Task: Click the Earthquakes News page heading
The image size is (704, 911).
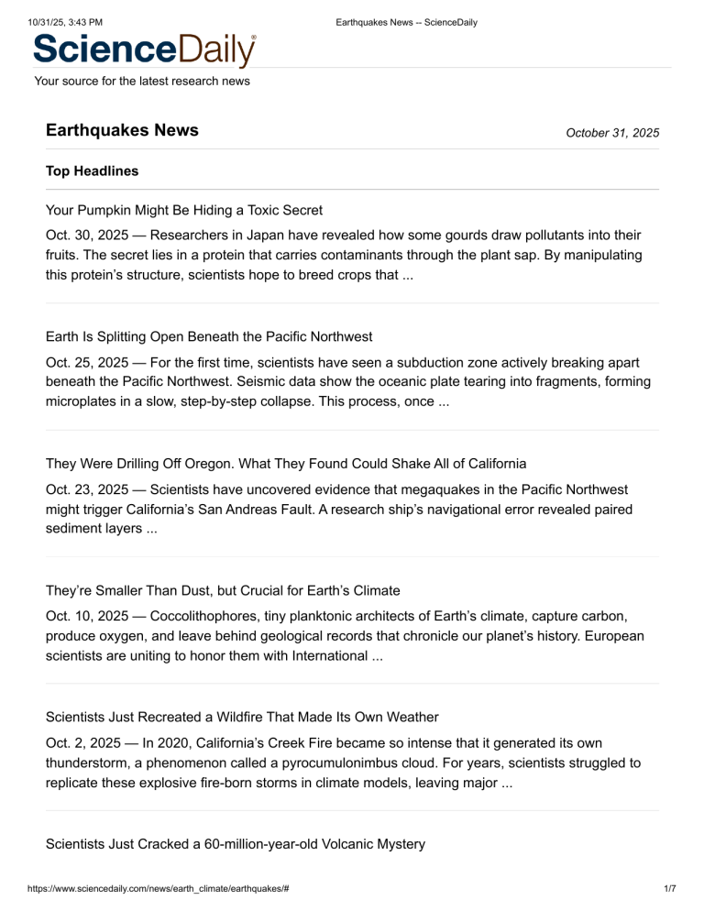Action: pos(122,130)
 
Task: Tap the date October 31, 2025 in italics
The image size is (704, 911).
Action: pos(612,133)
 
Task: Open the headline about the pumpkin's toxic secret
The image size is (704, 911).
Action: pos(183,210)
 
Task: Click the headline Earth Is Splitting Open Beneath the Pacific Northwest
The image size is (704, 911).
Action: pos(208,336)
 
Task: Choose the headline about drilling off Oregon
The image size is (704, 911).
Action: pos(285,463)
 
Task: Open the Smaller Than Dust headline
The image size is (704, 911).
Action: pos(223,590)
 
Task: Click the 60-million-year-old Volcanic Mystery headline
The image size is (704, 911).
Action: pos(235,844)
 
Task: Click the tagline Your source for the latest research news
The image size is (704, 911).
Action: pos(141,82)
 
